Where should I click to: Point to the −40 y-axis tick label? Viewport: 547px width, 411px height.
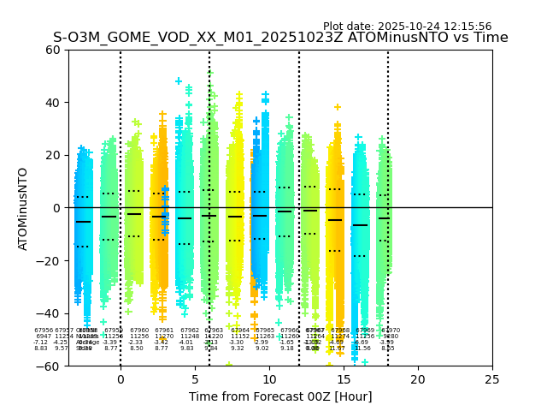pos(51,313)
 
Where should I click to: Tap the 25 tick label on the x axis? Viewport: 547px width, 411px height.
pos(492,379)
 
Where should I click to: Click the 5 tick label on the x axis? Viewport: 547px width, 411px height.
pos(195,379)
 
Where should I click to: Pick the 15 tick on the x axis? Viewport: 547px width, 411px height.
pos(344,379)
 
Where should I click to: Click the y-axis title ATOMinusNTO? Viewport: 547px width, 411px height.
pos(23,208)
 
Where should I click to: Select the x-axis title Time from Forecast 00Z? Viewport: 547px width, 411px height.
pos(269,396)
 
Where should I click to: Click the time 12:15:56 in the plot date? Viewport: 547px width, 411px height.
pos(465,27)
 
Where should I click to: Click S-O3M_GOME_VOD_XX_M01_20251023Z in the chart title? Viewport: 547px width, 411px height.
pos(195,38)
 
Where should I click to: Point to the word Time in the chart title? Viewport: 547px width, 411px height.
pos(491,38)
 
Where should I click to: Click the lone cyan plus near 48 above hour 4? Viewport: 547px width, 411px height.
pos(179,81)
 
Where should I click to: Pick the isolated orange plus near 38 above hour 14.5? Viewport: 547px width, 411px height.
pos(338,108)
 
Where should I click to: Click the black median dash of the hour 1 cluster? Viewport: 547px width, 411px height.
pos(134,213)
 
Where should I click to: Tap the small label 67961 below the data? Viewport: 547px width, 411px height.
pos(164,331)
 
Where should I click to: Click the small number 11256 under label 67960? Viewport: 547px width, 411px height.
pos(138,337)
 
